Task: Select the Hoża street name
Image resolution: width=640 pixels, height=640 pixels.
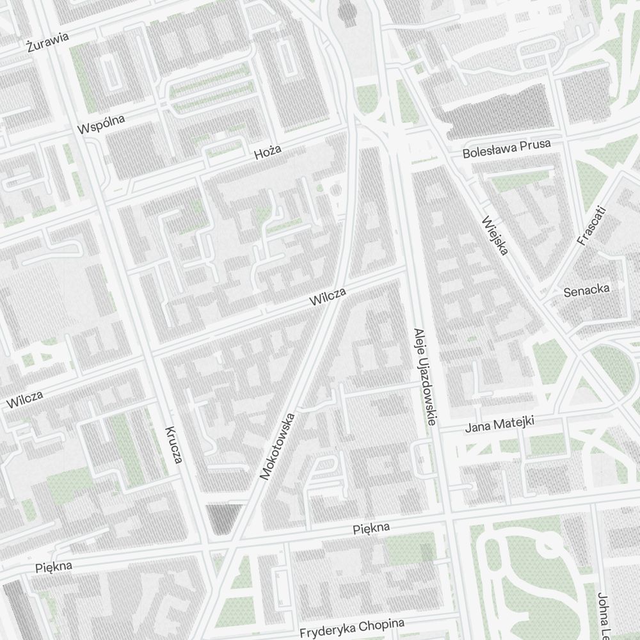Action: (x=267, y=152)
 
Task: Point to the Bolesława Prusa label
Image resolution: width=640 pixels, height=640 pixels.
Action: (x=506, y=149)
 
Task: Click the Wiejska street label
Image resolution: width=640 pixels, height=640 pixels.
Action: (x=495, y=236)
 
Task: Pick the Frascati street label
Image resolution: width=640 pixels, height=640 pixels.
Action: (x=590, y=225)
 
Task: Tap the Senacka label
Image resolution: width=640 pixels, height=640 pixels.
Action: (x=586, y=291)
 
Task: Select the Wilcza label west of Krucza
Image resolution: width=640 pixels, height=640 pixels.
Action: (x=26, y=399)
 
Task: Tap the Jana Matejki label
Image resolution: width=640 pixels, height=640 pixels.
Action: (x=499, y=424)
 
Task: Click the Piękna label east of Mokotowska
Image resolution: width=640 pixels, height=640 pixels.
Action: (x=371, y=529)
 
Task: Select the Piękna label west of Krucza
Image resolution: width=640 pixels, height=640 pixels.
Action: (x=54, y=566)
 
